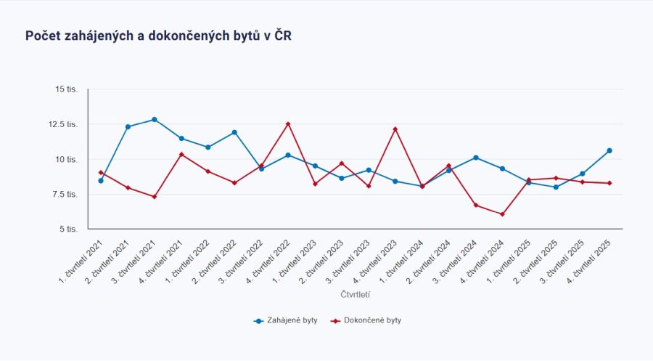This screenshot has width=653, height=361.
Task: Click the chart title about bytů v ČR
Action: click(x=159, y=36)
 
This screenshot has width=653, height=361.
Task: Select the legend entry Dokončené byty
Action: click(x=366, y=320)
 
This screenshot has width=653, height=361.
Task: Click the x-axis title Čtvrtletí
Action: click(x=356, y=295)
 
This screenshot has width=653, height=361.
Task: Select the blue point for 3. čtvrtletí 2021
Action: click(x=155, y=119)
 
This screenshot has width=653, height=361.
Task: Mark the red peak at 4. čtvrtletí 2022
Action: click(x=288, y=124)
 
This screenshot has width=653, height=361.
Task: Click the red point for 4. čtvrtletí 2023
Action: click(x=395, y=129)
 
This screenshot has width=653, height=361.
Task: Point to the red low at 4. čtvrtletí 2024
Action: click(x=502, y=214)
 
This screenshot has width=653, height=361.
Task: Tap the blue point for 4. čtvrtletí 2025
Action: click(x=609, y=150)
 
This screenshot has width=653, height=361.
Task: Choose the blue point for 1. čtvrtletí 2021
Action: click(x=101, y=181)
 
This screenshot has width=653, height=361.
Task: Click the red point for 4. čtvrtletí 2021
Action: click(x=181, y=154)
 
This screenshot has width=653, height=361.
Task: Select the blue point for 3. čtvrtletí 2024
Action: click(x=475, y=158)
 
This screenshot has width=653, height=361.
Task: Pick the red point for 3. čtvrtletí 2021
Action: click(x=155, y=197)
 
